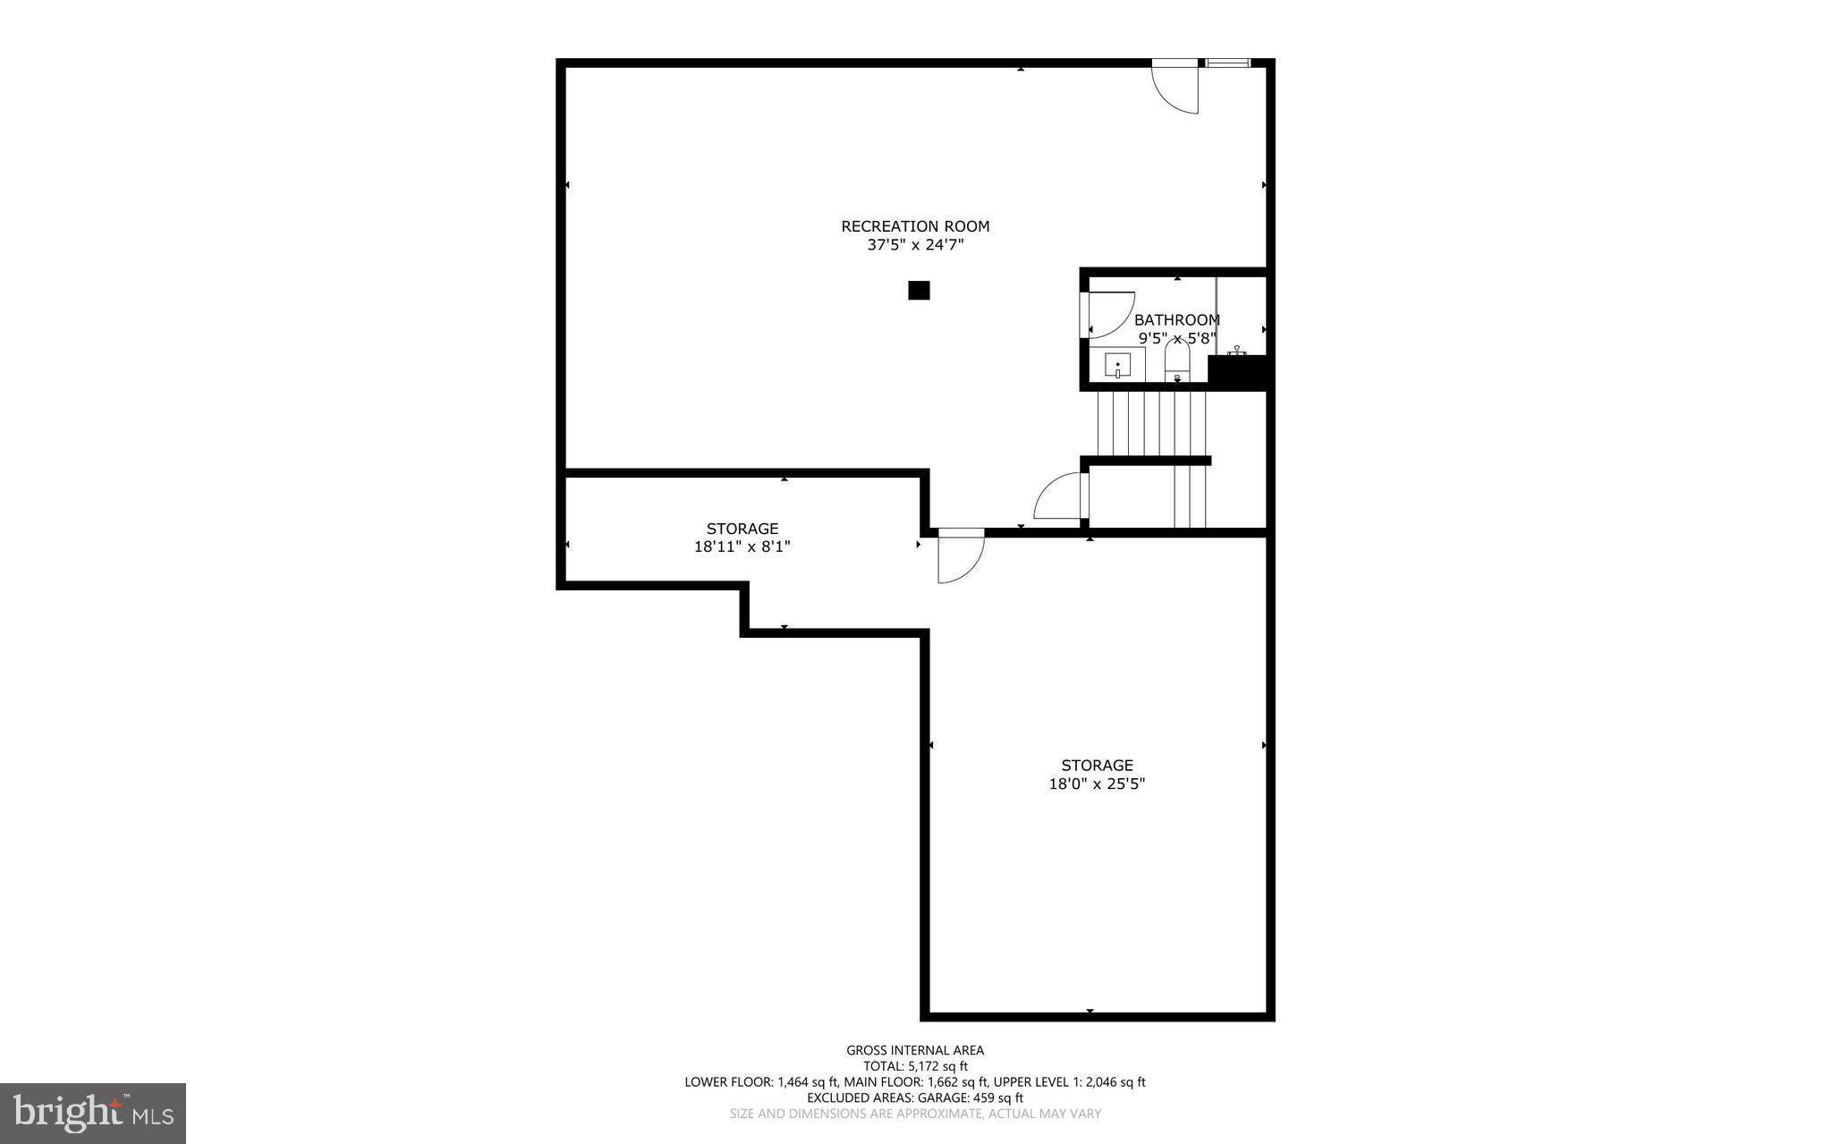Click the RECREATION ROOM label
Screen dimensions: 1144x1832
tap(915, 226)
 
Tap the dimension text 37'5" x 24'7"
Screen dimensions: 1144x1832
tap(915, 245)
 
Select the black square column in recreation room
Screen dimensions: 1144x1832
tap(919, 291)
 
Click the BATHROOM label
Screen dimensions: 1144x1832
tap(1176, 319)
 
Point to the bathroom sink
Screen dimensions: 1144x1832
tap(1117, 365)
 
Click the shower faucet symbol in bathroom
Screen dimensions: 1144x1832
tap(1238, 351)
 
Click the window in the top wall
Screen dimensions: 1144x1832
tap(1227, 63)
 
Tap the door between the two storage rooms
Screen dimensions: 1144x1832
tap(961, 556)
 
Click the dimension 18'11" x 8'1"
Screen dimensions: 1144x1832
tap(742, 547)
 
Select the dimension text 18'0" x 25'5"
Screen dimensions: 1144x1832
tap(1097, 784)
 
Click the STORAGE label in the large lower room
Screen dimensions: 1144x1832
tap(1097, 765)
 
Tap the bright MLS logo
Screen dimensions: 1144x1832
tap(93, 1113)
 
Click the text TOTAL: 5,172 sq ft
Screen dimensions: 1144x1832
tap(915, 1066)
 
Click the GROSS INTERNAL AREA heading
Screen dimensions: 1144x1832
tap(915, 1050)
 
